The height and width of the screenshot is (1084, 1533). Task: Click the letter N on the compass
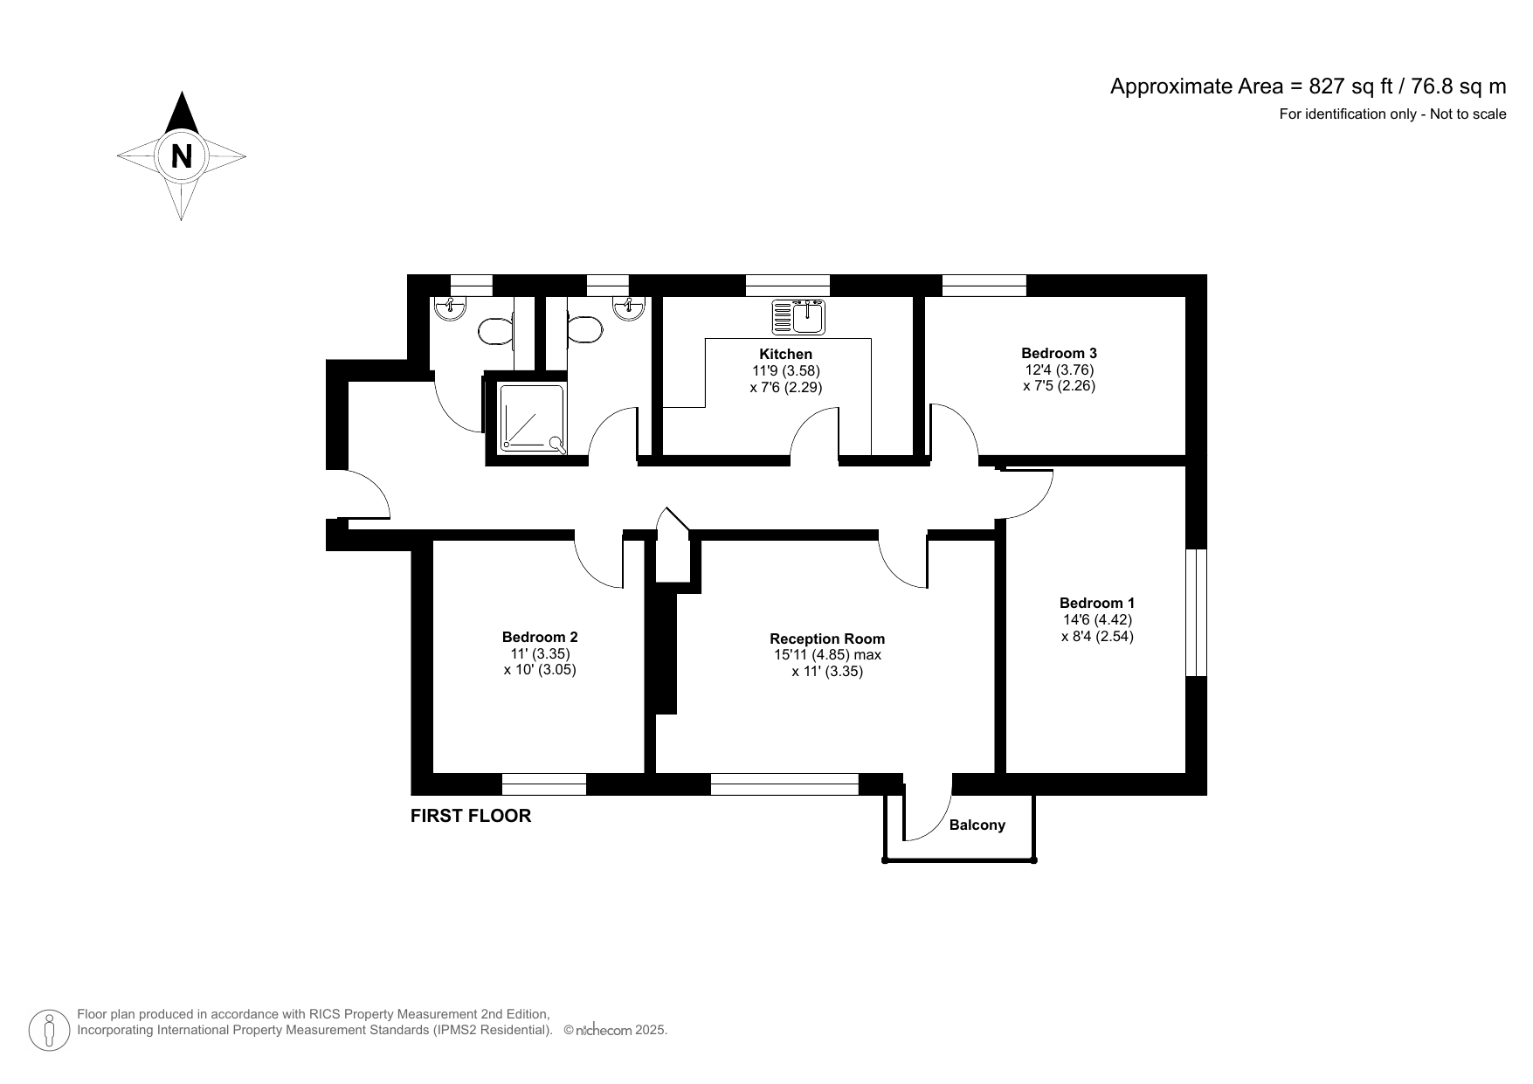coord(182,156)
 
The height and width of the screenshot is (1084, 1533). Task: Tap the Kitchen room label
coord(785,354)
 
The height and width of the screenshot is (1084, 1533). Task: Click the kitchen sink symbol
coord(798,317)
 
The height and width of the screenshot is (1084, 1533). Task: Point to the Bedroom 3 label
coord(1059,353)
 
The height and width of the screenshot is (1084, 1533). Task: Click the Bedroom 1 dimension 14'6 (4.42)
coord(1097,619)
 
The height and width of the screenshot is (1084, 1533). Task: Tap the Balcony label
coord(977,825)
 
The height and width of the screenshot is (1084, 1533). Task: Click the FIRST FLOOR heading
coord(471,816)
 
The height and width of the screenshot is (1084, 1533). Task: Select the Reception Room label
coord(827,639)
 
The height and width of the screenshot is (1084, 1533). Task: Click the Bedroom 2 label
coord(540,637)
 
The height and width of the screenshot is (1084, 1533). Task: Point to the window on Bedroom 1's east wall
coord(1196,612)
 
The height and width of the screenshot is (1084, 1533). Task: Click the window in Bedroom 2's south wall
coord(544,784)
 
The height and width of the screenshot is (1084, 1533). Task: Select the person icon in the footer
coord(50,1031)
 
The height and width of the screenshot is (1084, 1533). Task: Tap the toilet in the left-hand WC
coord(495,330)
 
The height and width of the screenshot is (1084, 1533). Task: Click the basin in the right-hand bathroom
coord(629,308)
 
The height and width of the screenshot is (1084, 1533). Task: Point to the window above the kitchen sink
coord(787,285)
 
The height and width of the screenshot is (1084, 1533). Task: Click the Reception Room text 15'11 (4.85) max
coord(827,655)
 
